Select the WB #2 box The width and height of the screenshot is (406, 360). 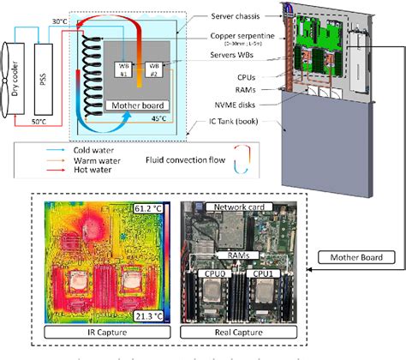155,69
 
